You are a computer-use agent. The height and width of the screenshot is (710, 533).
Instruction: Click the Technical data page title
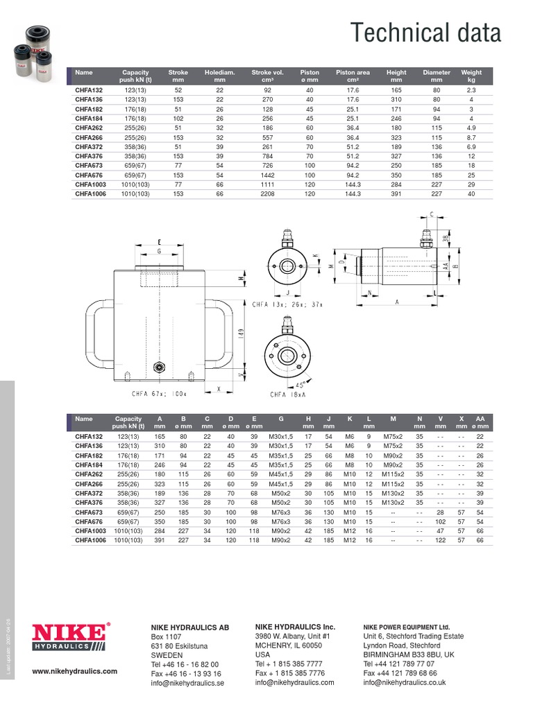425,33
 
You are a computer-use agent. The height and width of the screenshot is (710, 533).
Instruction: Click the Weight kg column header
471,76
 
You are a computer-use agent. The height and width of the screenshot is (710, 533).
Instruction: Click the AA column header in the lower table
479,423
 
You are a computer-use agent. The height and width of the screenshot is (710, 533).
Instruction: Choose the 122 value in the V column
440,540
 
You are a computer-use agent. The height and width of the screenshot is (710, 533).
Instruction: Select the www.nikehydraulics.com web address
75,671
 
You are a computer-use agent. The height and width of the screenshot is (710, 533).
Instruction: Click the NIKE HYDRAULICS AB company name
189,627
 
